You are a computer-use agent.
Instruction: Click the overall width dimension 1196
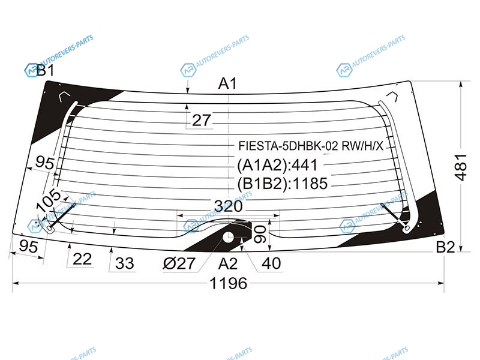coord(229,283)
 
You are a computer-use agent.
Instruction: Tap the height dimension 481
coord(461,167)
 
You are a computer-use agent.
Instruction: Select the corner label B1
coord(46,70)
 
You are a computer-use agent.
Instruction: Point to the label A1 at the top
coord(228,83)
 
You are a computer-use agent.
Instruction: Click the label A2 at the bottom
coord(228,263)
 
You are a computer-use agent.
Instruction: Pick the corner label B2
coord(445,247)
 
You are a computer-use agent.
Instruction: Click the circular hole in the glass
coord(229,236)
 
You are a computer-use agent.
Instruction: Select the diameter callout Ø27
coord(179,263)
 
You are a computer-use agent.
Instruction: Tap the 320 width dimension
coord(229,206)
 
